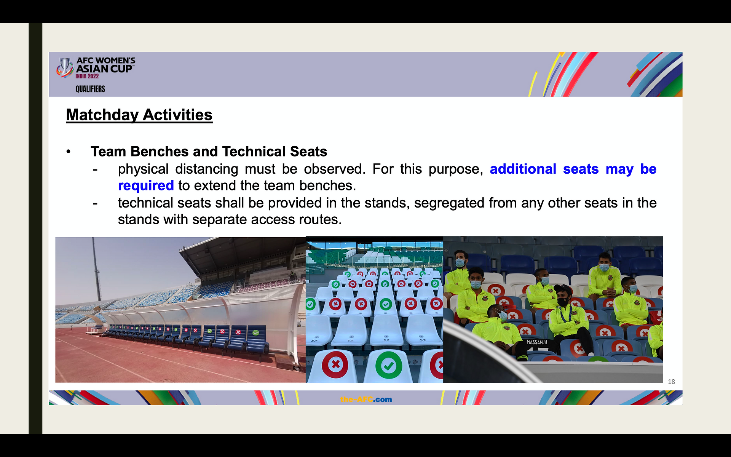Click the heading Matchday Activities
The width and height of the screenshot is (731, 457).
pyautogui.click(x=139, y=115)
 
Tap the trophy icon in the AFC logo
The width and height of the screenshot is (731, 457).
pyautogui.click(x=65, y=67)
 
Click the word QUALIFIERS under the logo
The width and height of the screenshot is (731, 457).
pyautogui.click(x=90, y=89)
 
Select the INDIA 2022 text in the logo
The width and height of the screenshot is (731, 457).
pyautogui.click(x=87, y=76)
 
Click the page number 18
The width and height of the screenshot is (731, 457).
pyautogui.click(x=671, y=382)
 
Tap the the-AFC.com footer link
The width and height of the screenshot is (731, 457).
pyautogui.click(x=366, y=399)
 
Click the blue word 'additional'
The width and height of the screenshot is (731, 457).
pyautogui.click(x=523, y=169)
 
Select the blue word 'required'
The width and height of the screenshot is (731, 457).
pyautogui.click(x=146, y=186)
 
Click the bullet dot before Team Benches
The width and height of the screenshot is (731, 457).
pyautogui.click(x=69, y=152)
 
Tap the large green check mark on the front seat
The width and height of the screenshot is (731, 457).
pyautogui.click(x=388, y=365)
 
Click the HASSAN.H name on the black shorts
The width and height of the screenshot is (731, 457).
pyautogui.click(x=537, y=342)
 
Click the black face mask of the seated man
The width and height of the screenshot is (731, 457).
pyautogui.click(x=563, y=302)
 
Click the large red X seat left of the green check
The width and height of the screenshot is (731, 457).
pyautogui.click(x=335, y=364)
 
